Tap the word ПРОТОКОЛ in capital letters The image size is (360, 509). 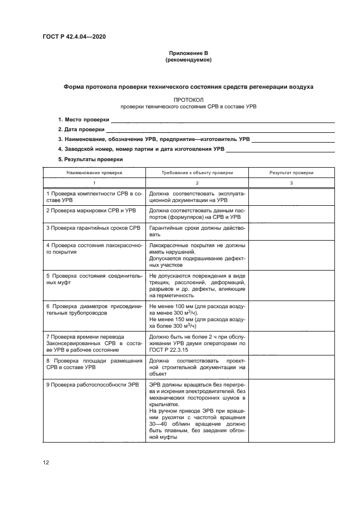pos(188,100)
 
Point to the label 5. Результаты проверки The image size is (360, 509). pos(90,159)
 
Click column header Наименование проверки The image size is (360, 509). pos(94,172)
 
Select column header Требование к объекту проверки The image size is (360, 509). pos(197,172)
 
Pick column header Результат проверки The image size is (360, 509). pos(291,172)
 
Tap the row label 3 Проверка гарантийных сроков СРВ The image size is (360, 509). pos(94,226)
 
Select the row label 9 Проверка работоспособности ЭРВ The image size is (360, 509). pos(93,384)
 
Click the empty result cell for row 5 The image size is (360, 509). pos(291,286)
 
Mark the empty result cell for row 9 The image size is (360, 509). pos(291,413)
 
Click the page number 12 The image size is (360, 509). pos(46,462)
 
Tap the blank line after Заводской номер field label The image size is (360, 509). pos(280,149)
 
